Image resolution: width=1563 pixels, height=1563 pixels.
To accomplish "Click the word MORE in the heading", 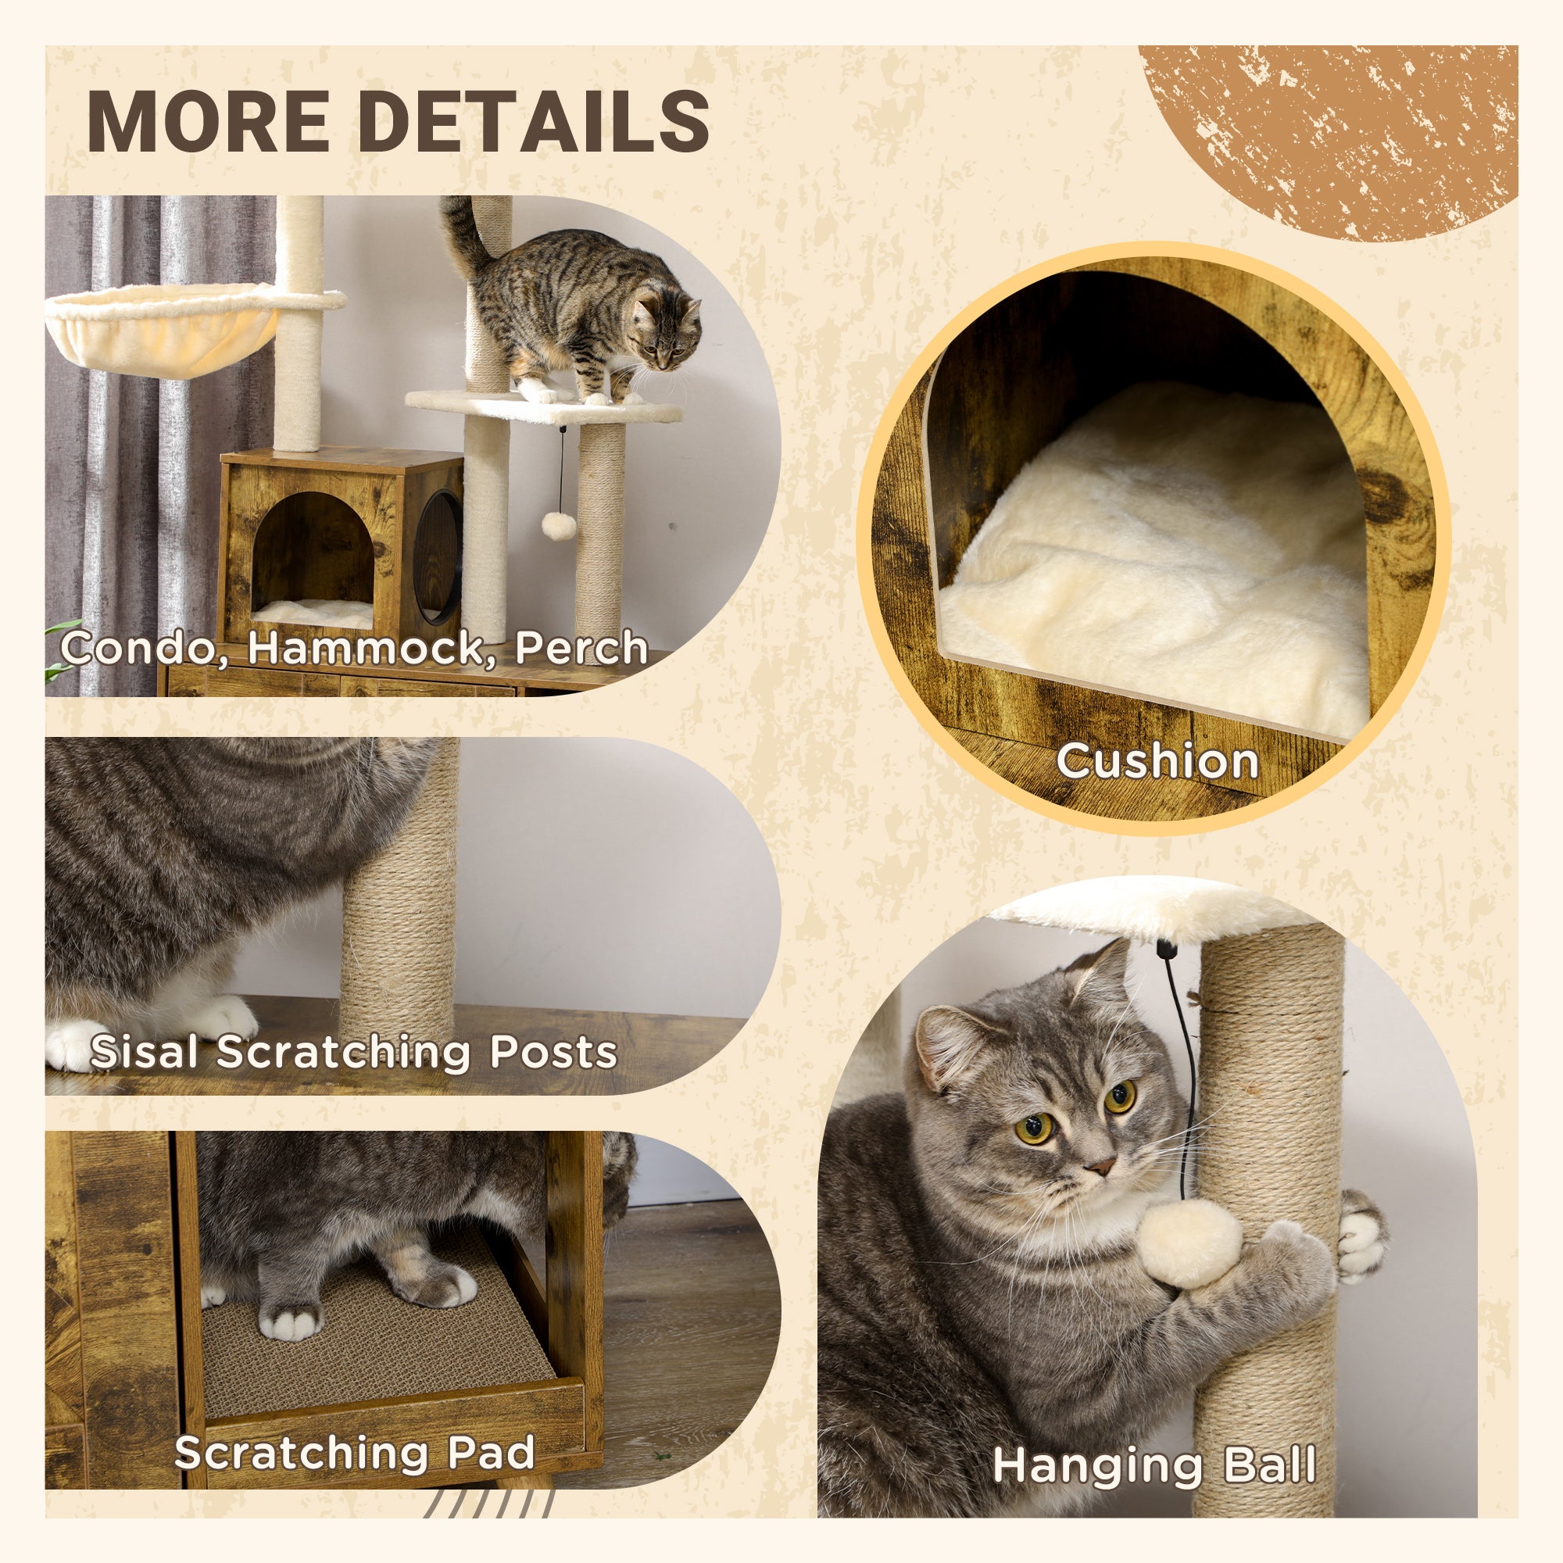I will point(207,121).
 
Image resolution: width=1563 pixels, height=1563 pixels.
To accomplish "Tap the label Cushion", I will point(1157,761).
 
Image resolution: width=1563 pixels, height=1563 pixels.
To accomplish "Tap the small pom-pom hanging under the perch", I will point(558,526).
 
